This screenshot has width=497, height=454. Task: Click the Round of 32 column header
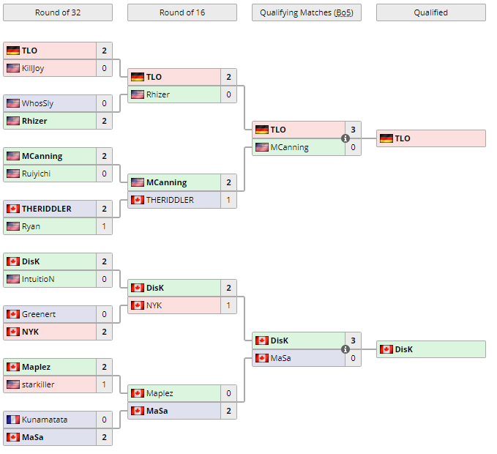coord(58,12)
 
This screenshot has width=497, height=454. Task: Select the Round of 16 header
coord(182,12)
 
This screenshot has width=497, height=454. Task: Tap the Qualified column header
coord(430,12)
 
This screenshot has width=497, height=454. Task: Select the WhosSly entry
coord(37,103)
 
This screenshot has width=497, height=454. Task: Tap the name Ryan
coord(31,226)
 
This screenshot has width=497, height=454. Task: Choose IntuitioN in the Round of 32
coord(38,279)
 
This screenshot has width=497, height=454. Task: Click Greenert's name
coord(39,314)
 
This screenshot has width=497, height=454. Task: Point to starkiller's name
coord(38,384)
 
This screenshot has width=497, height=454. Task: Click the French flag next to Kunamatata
coord(12,420)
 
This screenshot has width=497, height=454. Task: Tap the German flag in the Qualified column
coord(386,138)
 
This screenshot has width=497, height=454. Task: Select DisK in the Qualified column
coord(403,349)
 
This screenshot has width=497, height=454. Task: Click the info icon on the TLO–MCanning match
coord(345,138)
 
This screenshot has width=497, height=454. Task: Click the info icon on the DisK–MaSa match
coord(345,349)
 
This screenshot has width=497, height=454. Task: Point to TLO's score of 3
coord(353,130)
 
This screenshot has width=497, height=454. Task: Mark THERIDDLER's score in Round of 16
coord(228,200)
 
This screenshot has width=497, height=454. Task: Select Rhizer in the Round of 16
coord(157,94)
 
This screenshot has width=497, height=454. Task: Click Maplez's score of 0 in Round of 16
coord(228,393)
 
